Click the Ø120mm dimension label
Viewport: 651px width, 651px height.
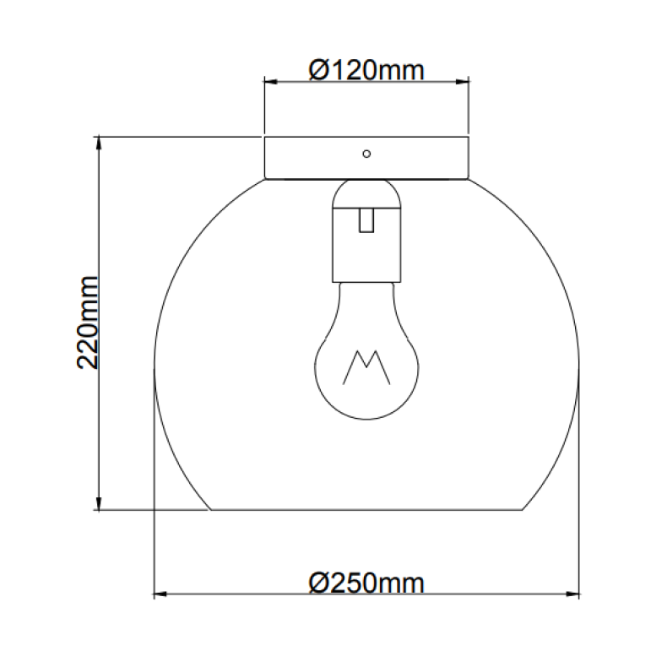pos(366,69)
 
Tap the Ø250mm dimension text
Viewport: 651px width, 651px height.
pos(366,582)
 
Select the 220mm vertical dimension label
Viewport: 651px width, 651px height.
pos(89,322)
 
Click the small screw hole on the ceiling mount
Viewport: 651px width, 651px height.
pos(366,154)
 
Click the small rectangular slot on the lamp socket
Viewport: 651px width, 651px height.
pos(366,220)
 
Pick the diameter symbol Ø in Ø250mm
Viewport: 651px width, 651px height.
pos(318,582)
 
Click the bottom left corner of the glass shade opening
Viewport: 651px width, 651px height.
pos(209,510)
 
